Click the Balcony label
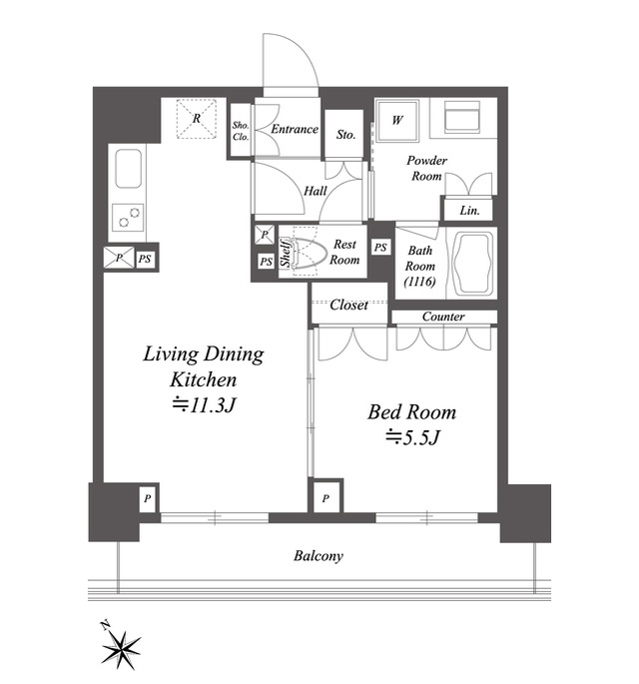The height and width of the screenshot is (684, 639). pos(318,556)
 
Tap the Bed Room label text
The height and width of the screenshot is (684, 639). pos(411,411)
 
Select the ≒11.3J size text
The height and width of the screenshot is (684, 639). pos(204,404)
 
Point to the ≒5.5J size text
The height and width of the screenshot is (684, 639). pos(411,437)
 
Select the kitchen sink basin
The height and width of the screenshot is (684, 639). pos(128,169)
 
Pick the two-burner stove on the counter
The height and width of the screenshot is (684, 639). pos(128,218)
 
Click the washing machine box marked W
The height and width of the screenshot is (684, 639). pos(397,121)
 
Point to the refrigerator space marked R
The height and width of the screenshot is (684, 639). pos(197,119)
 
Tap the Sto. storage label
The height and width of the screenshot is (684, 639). pos(345,135)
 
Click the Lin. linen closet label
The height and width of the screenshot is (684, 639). pos(469,211)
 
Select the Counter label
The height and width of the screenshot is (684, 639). pos(443,317)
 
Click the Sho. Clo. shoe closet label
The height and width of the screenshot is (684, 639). pos(241,131)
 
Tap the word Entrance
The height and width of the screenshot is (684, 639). pos(295,129)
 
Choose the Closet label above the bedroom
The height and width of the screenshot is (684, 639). pos(348,305)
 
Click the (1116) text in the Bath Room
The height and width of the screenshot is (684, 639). pos(419,282)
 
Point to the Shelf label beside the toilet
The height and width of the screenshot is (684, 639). pos(286,253)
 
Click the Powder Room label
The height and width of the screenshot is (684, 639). pos(426,168)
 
